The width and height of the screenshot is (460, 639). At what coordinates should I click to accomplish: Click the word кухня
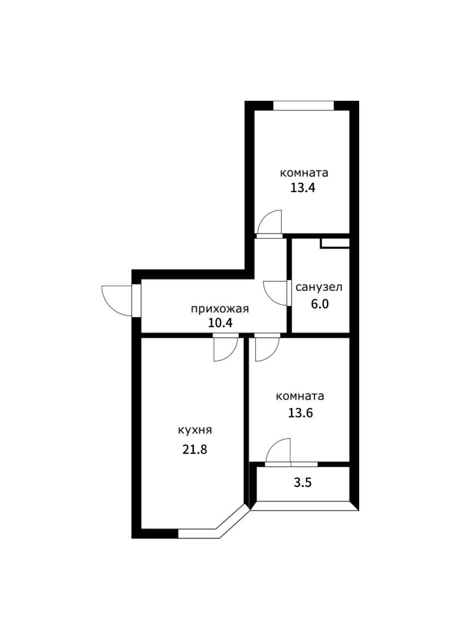click(195, 430)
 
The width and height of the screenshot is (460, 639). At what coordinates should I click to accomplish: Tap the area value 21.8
click(195, 449)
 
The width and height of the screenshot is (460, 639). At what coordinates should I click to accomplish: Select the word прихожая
click(220, 309)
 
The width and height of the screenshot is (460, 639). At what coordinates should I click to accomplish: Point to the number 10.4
click(221, 323)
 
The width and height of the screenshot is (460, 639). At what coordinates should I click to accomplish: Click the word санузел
click(319, 287)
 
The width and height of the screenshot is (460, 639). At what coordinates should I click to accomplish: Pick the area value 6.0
click(320, 304)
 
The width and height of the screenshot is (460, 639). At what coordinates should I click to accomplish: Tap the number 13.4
click(303, 188)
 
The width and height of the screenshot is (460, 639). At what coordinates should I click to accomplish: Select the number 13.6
click(300, 412)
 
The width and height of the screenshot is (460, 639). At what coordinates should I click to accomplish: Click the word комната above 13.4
click(304, 173)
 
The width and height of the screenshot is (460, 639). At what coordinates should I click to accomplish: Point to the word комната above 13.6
click(300, 396)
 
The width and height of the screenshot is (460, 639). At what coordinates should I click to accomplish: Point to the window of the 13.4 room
click(303, 105)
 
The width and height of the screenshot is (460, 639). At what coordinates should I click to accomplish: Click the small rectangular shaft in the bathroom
click(335, 243)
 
